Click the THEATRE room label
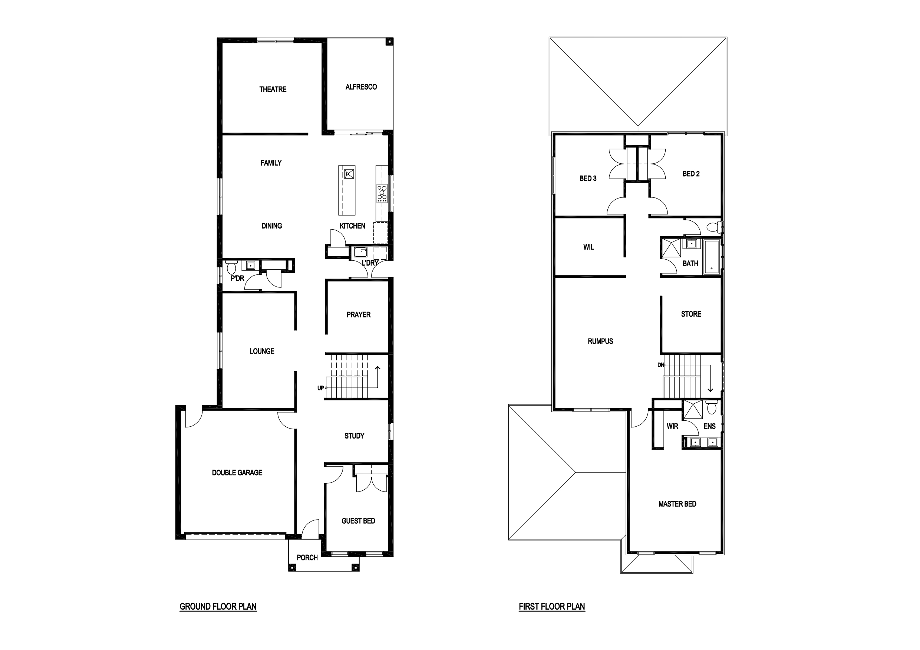click(x=273, y=89)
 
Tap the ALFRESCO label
click(x=361, y=87)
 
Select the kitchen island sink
click(x=349, y=174)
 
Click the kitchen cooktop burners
click(x=382, y=193)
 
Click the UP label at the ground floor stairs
click(x=320, y=388)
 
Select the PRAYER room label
click(x=359, y=315)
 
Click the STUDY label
click(x=354, y=436)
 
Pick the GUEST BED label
click(x=358, y=521)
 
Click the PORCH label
click(x=307, y=557)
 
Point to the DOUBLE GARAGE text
click(x=237, y=473)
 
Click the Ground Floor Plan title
click(x=218, y=606)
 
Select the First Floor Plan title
click(x=552, y=606)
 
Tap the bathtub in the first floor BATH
click(x=712, y=257)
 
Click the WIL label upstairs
click(x=588, y=247)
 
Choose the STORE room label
click(x=691, y=314)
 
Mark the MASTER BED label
click(x=677, y=504)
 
